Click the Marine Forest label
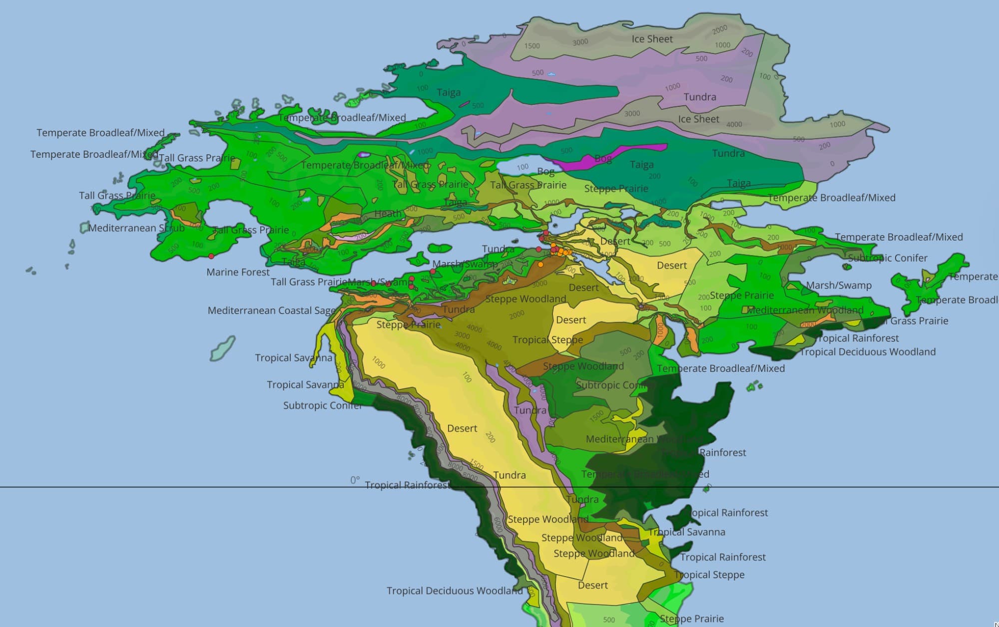pyautogui.click(x=238, y=272)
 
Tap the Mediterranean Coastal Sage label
pyautogui.click(x=271, y=311)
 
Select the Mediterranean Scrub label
pyautogui.click(x=136, y=228)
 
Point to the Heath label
pyautogui.click(x=388, y=214)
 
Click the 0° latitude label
pyautogui.click(x=355, y=480)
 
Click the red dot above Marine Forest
pyautogui.click(x=211, y=256)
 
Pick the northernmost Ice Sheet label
pyautogui.click(x=652, y=39)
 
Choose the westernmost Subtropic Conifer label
pyautogui.click(x=323, y=405)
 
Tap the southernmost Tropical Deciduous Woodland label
pyautogui.click(x=455, y=591)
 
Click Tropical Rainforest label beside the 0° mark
pyautogui.click(x=408, y=485)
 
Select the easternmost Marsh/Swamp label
pyautogui.click(x=839, y=286)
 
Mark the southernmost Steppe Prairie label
pyautogui.click(x=691, y=619)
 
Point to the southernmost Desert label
pyautogui.click(x=593, y=585)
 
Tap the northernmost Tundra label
pyautogui.click(x=699, y=97)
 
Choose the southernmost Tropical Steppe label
pyautogui.click(x=709, y=575)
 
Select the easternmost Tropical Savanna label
pyautogui.click(x=687, y=532)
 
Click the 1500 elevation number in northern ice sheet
pyautogui.click(x=532, y=46)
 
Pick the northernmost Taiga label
pyautogui.click(x=449, y=92)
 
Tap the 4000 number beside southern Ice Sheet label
pyautogui.click(x=734, y=124)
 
